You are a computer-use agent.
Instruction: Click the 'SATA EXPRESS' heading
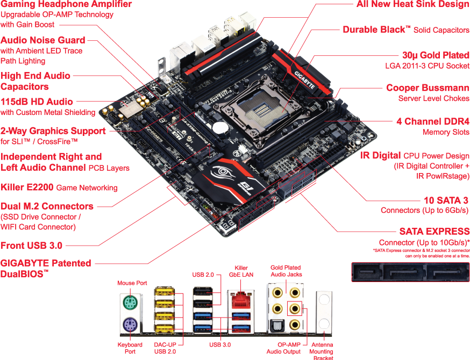pyautogui.click(x=434, y=232)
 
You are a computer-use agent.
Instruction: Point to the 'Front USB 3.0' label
pyautogui.click(x=31, y=246)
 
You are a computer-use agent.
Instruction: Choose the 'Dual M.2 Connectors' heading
pyautogui.click(x=47, y=206)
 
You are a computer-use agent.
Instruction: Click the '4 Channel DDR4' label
pyautogui.click(x=433, y=121)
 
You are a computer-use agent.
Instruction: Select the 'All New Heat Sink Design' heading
pyautogui.click(x=413, y=4)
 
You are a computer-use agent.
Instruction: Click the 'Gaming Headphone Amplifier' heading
pyautogui.click(x=66, y=4)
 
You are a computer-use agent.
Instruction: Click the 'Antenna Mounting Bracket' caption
pyautogui.click(x=322, y=351)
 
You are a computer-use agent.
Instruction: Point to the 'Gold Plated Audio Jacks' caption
pyautogui.click(x=286, y=271)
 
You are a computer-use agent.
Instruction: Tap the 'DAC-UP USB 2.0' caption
pyautogui.click(x=164, y=348)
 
